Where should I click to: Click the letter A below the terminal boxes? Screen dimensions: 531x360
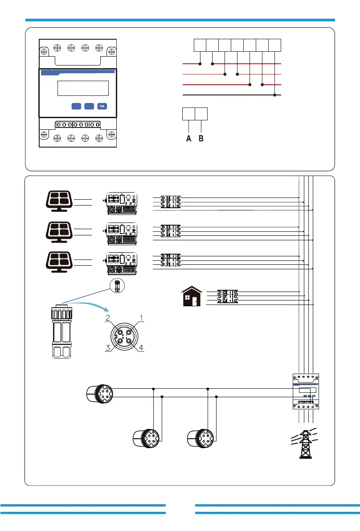point(189,139)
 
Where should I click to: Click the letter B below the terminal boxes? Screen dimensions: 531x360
point(201,139)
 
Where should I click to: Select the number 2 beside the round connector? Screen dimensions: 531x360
point(108,318)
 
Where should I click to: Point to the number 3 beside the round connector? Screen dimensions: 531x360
point(108,349)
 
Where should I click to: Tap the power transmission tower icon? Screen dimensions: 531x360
point(306,444)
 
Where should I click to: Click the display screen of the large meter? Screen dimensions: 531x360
point(83,88)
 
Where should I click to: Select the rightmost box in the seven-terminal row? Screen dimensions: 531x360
point(275,45)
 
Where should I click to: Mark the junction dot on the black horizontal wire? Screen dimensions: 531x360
point(275,95)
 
